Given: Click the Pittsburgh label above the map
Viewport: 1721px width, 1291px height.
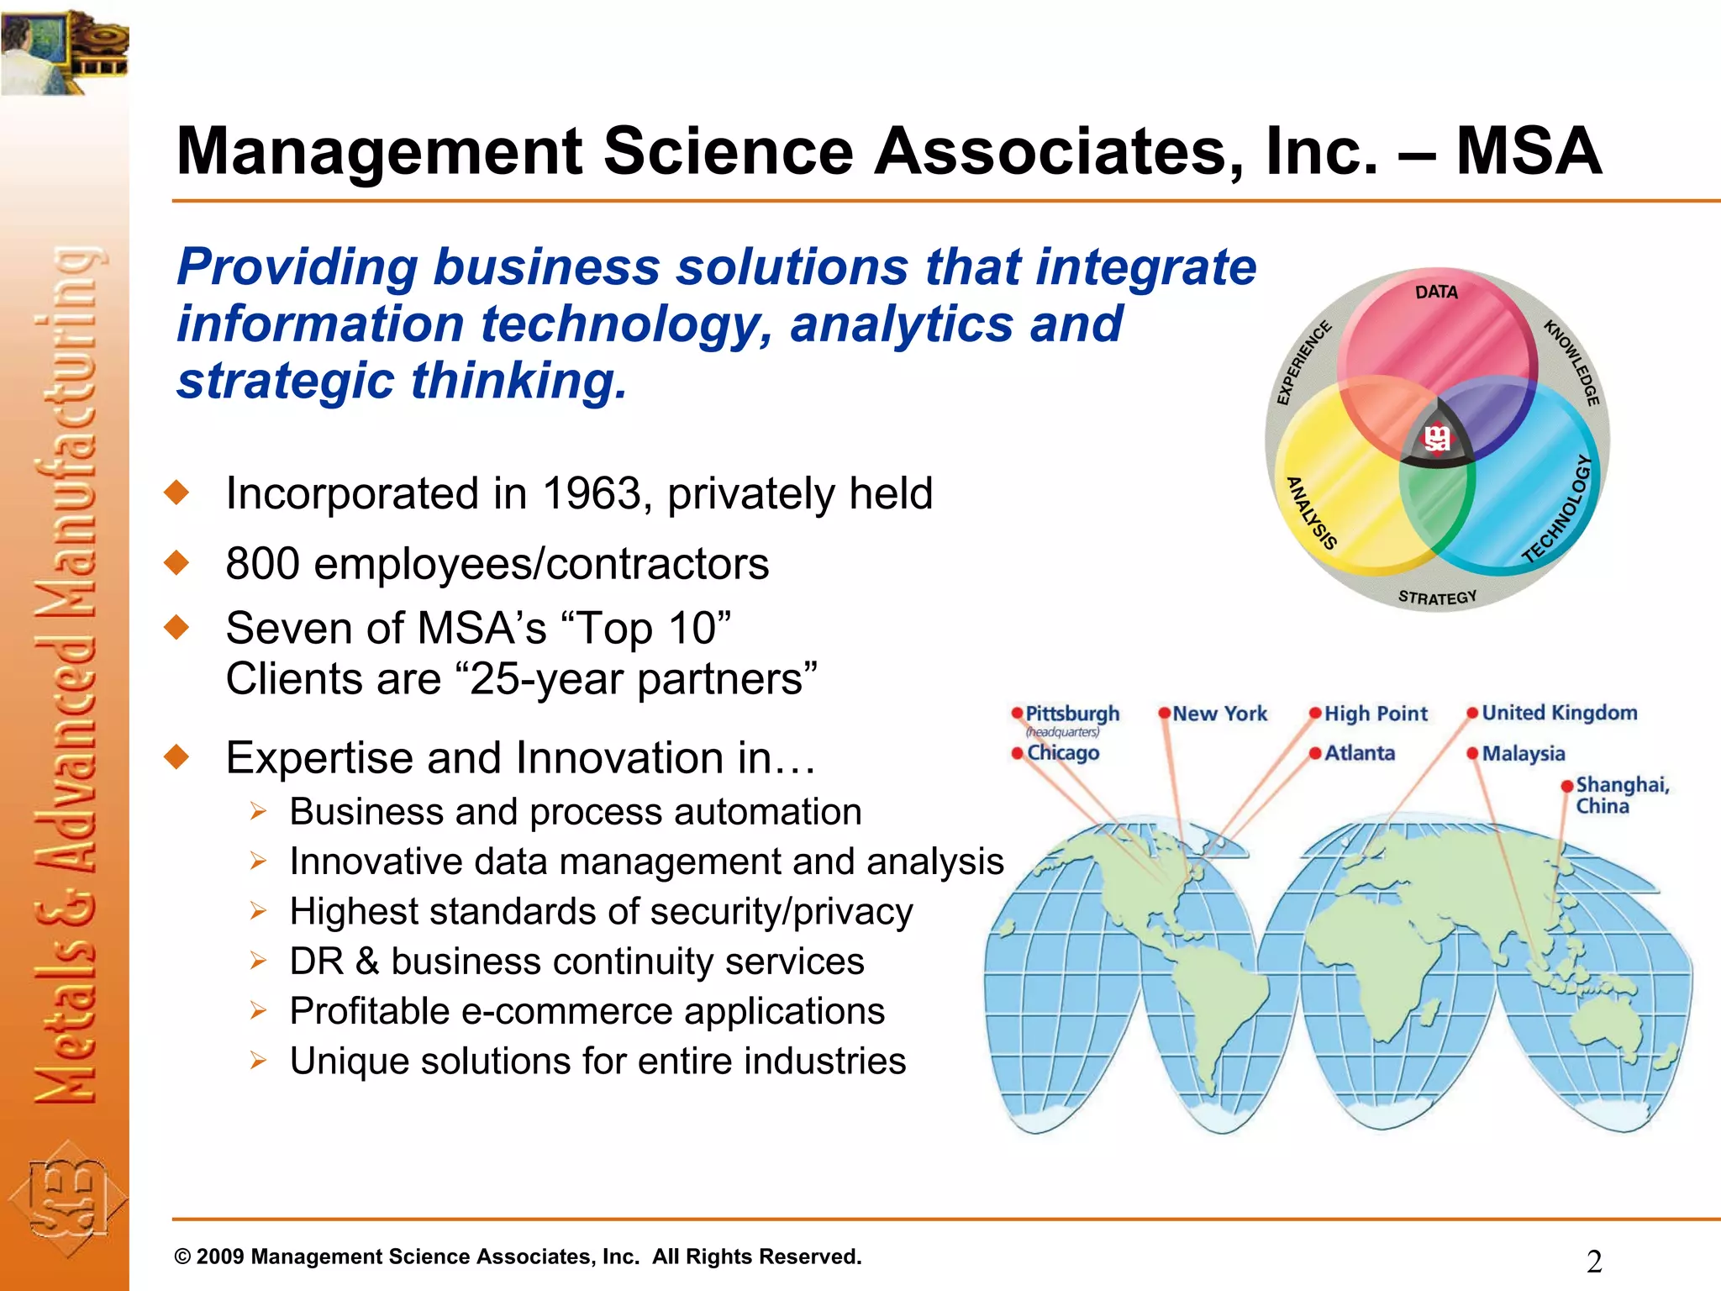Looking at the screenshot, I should tap(1072, 714).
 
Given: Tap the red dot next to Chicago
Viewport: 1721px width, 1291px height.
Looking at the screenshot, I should tap(1018, 753).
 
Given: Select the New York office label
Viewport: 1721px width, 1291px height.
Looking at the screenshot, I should tap(1219, 714).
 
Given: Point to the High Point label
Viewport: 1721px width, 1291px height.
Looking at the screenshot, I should tap(1376, 714).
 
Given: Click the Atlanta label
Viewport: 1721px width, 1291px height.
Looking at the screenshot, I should tap(1360, 753).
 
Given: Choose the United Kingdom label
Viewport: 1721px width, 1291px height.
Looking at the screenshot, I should tap(1559, 713).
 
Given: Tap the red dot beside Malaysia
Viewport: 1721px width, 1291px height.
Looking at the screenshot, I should tap(1472, 753).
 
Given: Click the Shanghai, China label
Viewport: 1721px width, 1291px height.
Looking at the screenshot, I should tap(1622, 795).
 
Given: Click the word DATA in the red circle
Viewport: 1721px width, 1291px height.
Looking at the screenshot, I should tap(1436, 292).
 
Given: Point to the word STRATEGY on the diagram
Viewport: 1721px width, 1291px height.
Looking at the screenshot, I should tap(1437, 598).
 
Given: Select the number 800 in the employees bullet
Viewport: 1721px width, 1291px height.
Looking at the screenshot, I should tap(262, 564).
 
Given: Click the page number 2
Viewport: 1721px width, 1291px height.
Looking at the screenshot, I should tap(1594, 1262).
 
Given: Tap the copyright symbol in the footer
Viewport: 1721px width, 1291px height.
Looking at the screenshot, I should tap(182, 1257).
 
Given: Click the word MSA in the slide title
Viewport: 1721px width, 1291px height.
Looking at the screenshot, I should tap(1528, 151).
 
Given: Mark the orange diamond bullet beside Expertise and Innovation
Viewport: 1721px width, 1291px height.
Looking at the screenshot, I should tap(177, 756).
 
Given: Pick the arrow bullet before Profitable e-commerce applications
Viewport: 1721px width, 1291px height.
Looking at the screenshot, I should tap(258, 1011).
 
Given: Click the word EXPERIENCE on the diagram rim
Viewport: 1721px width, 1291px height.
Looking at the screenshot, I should tap(1304, 363).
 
